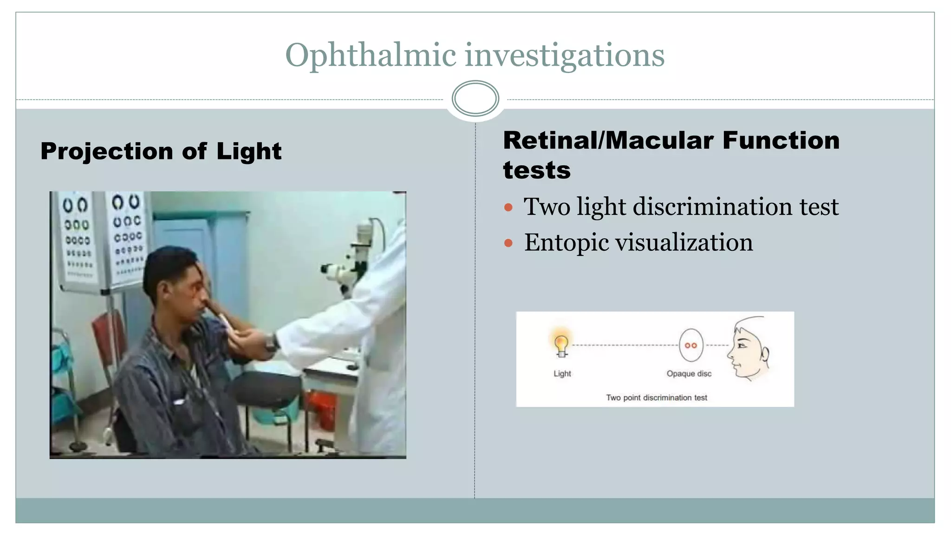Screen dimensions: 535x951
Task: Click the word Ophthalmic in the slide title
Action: (371, 55)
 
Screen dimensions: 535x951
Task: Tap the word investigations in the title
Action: (565, 55)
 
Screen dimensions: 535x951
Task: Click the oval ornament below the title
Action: (475, 98)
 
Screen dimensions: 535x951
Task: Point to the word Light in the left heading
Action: (249, 151)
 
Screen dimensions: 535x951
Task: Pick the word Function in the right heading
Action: (781, 140)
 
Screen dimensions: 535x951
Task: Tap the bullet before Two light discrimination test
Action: (508, 207)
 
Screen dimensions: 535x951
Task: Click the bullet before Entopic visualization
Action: (508, 243)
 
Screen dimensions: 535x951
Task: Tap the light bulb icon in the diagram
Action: (561, 344)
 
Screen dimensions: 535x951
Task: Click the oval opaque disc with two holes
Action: (691, 345)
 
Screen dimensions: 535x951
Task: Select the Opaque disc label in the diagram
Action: (689, 373)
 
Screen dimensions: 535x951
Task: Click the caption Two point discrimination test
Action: (656, 398)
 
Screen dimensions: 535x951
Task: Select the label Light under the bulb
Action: (562, 373)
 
